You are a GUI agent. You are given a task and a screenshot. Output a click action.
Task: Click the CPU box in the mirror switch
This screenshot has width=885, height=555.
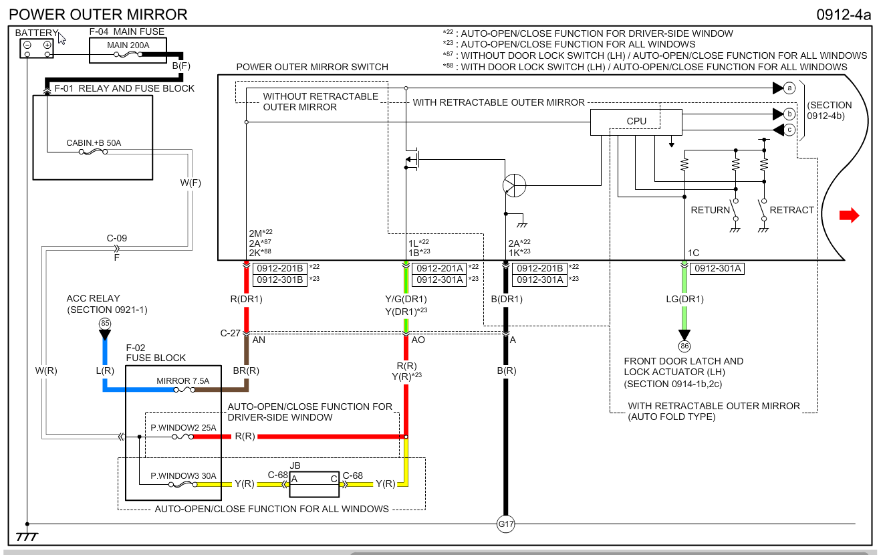coord(636,122)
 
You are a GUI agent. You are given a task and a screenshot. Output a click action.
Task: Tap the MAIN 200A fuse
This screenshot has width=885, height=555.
coord(128,49)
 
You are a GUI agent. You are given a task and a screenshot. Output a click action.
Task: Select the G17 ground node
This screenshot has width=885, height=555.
coord(506,524)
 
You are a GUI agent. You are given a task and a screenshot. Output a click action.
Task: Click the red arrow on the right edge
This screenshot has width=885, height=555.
coord(849,215)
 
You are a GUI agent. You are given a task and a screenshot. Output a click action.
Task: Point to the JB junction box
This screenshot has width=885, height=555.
coord(313,483)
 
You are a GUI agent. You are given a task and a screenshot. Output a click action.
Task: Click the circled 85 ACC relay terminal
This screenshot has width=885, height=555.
coord(104,324)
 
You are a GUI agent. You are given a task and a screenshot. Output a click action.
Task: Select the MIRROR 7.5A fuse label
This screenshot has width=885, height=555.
coord(183,381)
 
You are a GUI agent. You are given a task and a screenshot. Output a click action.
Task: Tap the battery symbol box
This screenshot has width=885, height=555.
coord(37,47)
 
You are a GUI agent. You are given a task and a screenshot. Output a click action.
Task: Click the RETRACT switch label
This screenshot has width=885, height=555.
coord(791,210)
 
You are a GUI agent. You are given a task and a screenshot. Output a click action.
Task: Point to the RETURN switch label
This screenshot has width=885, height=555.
coord(710,210)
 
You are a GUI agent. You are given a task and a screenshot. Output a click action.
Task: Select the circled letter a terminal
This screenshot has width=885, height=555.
coord(789,88)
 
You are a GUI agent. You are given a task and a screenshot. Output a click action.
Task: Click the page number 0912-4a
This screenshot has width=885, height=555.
coord(844,15)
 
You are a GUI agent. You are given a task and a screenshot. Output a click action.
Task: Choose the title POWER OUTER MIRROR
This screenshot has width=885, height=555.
coord(99,15)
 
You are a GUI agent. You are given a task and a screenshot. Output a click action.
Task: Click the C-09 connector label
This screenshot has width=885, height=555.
coord(116,238)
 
